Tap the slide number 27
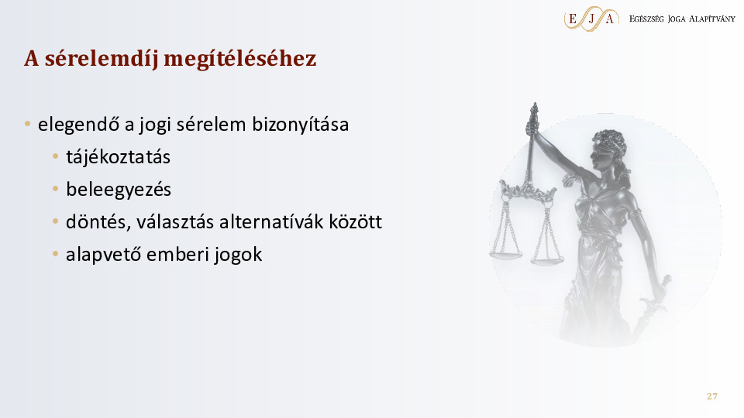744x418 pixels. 711,396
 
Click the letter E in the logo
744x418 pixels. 573,19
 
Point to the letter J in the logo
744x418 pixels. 591,19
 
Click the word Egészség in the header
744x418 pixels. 646,19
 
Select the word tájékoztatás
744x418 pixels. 118,157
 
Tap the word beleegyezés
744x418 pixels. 119,190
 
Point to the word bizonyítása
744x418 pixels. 301,125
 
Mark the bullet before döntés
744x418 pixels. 56,221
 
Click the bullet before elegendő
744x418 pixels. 28,124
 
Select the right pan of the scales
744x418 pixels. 547,260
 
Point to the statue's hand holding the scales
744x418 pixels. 532,126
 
